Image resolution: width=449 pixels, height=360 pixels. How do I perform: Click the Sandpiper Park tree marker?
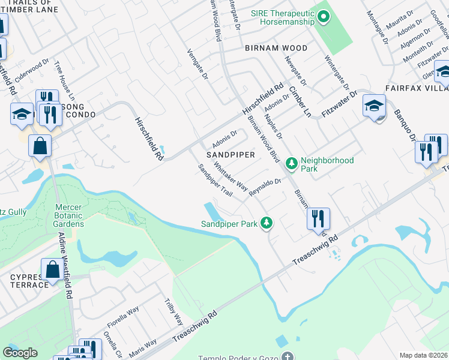(267, 224)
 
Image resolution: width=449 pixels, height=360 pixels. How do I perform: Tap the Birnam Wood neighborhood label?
(276, 48)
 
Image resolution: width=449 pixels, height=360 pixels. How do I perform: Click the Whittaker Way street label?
(231, 176)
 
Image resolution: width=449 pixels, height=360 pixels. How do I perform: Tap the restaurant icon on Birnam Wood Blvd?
(318, 219)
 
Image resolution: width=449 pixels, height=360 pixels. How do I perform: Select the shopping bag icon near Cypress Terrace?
(52, 270)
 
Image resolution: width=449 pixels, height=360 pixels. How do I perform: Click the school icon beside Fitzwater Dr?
(374, 107)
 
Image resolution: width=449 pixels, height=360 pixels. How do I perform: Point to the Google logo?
(20, 353)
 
